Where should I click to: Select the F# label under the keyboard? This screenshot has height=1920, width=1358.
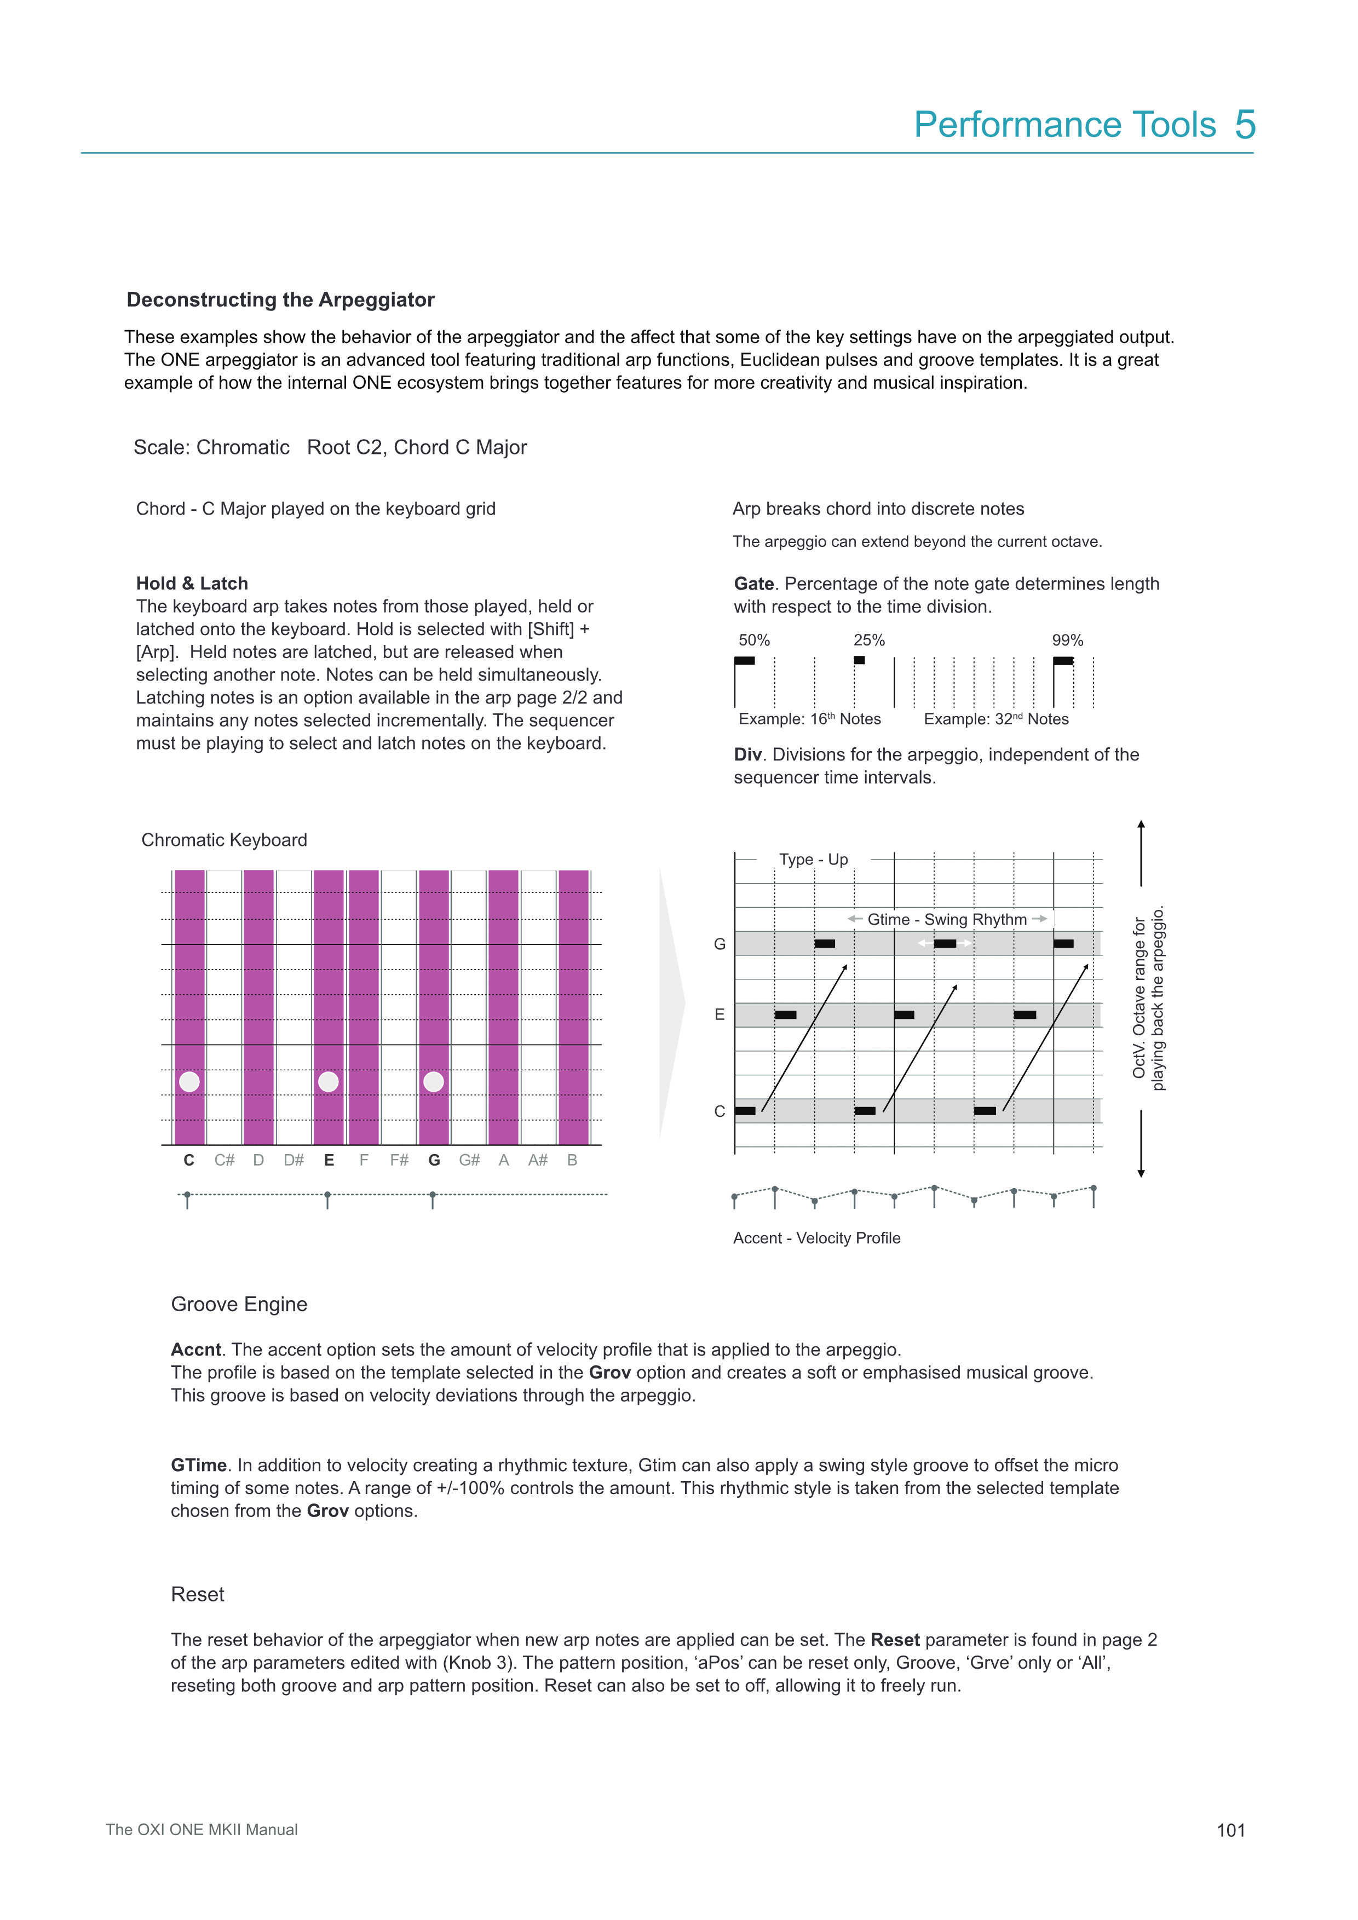click(399, 1160)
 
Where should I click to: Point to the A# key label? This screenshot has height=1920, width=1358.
click(538, 1160)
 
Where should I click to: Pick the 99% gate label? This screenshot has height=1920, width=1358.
click(1067, 641)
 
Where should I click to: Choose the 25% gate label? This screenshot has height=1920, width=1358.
click(869, 641)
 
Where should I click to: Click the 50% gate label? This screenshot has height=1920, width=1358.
click(753, 641)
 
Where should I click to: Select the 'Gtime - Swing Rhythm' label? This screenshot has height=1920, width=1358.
click(947, 920)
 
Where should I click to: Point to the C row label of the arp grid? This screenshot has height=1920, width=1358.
click(719, 1111)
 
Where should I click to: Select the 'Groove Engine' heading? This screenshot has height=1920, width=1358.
click(239, 1305)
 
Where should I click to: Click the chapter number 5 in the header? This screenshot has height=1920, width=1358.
click(1245, 125)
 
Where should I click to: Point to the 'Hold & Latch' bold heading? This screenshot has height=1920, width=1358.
click(192, 584)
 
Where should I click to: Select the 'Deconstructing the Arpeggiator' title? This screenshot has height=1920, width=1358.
click(280, 300)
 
